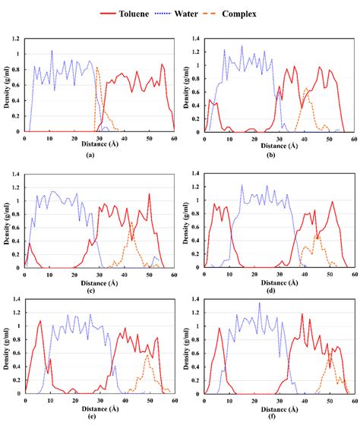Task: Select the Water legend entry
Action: [x=198, y=13]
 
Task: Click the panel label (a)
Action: [x=91, y=154]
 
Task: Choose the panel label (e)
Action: [x=91, y=424]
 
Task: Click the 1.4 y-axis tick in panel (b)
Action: [x=195, y=38]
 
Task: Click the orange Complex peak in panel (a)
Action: [x=97, y=68]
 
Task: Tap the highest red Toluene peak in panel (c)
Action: [x=149, y=194]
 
